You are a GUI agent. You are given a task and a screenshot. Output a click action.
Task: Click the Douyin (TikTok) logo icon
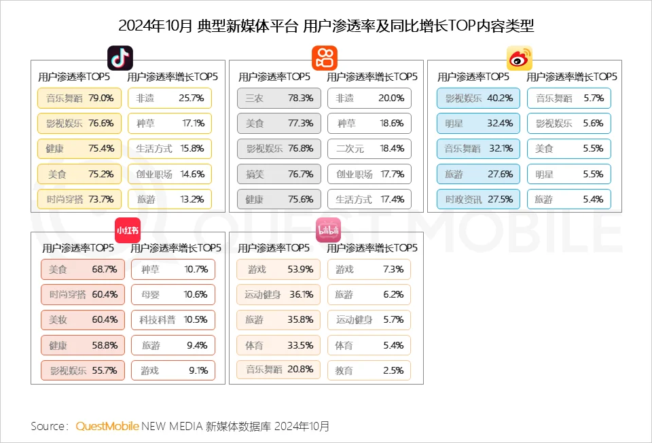(120, 58)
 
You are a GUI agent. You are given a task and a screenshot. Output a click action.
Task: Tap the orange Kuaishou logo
(324, 58)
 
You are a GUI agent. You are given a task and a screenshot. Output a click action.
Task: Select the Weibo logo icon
(519, 58)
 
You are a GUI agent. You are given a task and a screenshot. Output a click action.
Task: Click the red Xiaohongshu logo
(128, 230)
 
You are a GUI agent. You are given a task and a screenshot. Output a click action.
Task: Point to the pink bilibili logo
(328, 230)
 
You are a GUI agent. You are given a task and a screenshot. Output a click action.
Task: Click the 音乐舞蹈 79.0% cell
(79, 98)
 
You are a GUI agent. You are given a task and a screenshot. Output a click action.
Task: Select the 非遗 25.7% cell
(170, 98)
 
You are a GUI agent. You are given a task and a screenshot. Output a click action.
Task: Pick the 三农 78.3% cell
(278, 98)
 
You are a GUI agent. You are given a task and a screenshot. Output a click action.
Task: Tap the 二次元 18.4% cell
(369, 148)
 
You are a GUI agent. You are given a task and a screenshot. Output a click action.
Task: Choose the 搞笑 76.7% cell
(278, 174)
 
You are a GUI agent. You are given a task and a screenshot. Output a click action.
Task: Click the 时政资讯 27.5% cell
(478, 199)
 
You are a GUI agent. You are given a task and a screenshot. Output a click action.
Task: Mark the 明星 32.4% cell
(478, 124)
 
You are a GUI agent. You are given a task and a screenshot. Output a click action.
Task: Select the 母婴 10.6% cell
(173, 294)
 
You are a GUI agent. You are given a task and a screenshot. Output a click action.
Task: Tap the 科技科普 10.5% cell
(173, 319)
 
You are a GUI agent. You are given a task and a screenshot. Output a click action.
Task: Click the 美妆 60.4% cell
(83, 319)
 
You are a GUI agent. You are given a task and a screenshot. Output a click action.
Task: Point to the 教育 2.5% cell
(369, 370)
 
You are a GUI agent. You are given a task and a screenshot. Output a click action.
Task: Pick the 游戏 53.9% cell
(278, 269)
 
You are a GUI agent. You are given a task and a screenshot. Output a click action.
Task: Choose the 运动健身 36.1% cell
(278, 294)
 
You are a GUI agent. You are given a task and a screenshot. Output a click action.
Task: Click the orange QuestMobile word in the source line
(107, 426)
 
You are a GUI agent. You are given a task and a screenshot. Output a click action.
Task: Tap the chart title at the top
(326, 26)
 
